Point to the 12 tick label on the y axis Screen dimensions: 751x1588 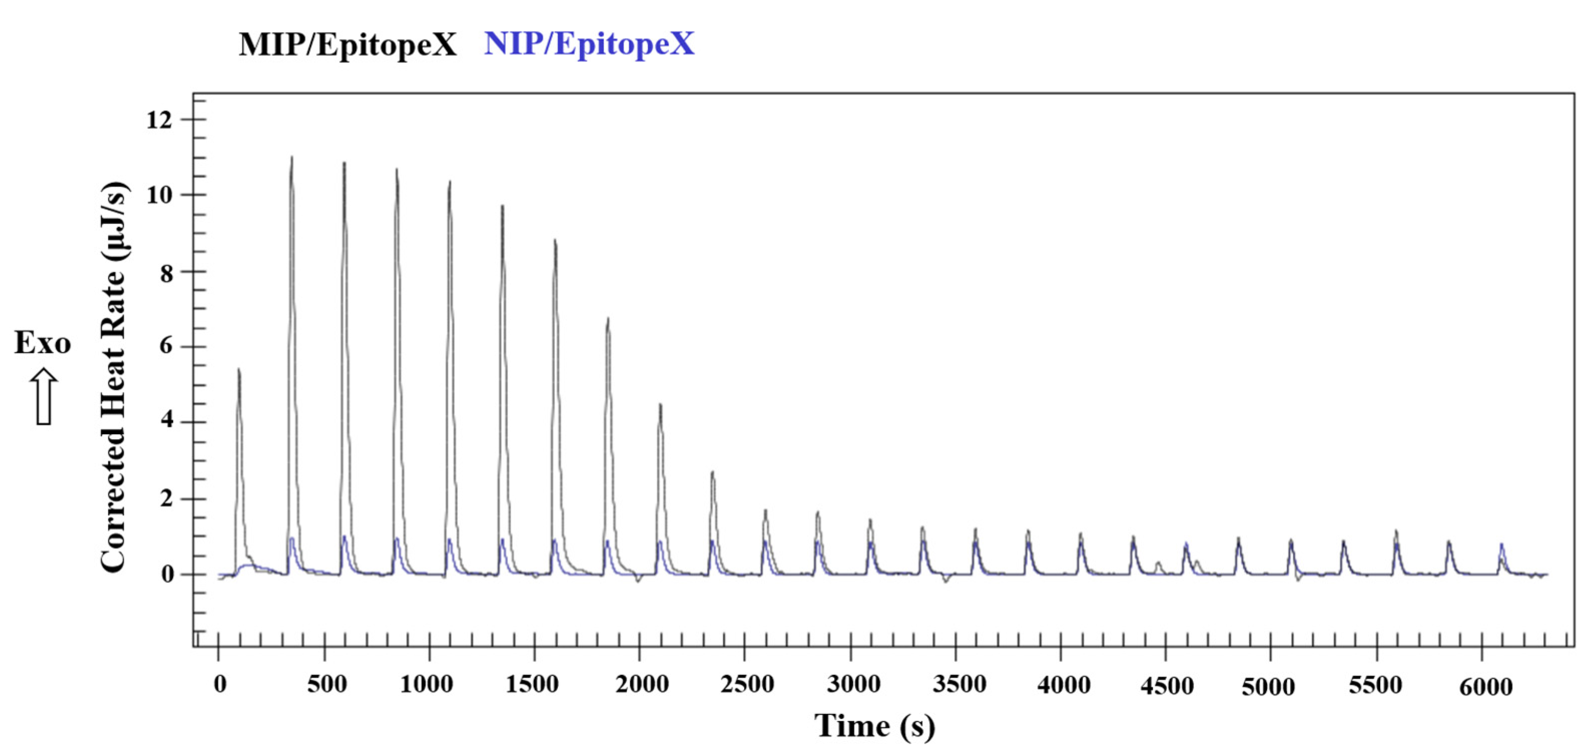159,120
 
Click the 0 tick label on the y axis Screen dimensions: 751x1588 166,574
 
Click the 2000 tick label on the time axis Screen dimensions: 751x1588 642,684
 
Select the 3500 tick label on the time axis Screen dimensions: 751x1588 959,684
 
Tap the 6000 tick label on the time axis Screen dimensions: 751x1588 1486,686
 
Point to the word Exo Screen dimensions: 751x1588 43,343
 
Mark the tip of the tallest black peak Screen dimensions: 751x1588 291,157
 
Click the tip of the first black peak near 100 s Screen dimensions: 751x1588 238,369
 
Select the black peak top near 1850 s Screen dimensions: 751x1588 608,319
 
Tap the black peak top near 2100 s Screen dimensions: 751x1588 660,405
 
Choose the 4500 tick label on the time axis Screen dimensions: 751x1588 1167,685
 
